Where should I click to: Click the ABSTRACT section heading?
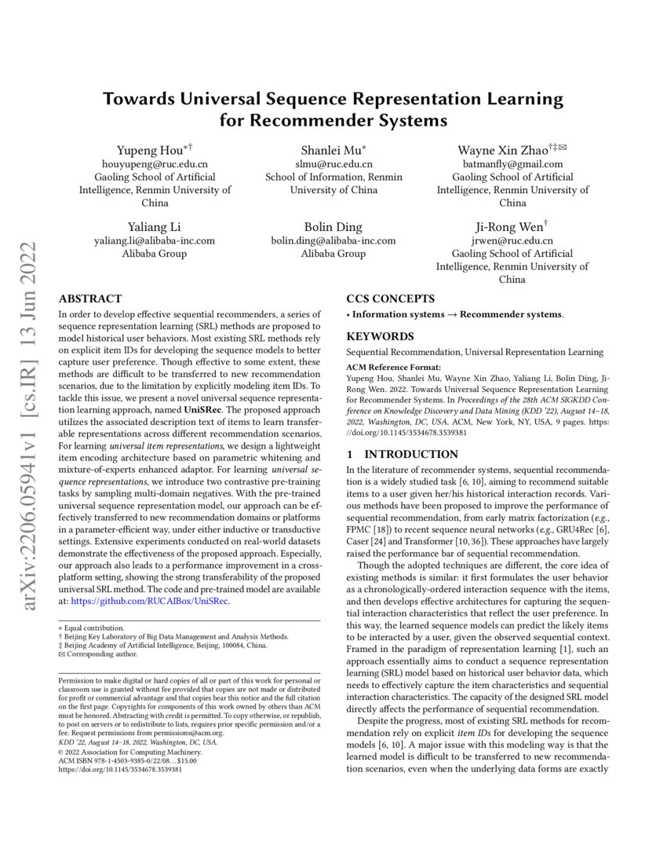90,298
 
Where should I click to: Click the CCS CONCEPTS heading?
390,298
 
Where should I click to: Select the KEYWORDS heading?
381,336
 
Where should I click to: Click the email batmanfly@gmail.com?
512,164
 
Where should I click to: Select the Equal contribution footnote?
93,628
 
